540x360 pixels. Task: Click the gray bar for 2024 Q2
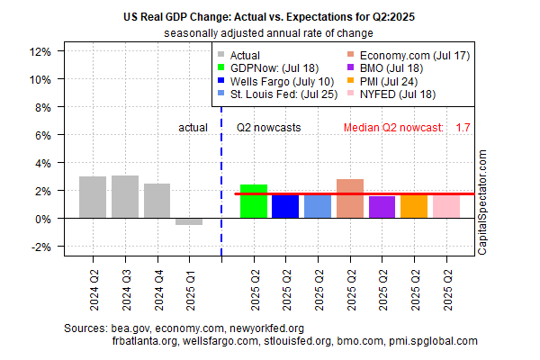93,197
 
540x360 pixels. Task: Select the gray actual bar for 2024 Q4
157,201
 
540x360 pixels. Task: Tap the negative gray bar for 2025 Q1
189,221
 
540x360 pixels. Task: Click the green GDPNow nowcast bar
254,202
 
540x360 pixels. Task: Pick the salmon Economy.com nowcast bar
350,199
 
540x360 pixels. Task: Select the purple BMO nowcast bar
382,207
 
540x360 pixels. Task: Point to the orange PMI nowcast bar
414,206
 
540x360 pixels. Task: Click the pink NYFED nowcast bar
445,206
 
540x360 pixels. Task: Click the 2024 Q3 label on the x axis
125,286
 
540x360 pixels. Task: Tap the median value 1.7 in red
463,128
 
